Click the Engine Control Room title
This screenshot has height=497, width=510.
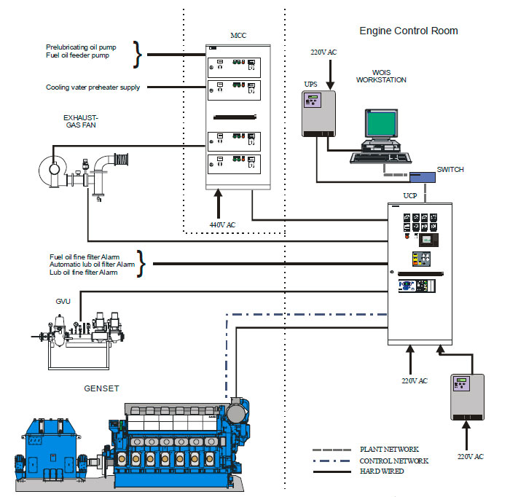pyautogui.click(x=409, y=31)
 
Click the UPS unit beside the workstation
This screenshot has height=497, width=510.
pyautogui.click(x=319, y=113)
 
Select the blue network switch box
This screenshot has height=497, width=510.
pyautogui.click(x=421, y=176)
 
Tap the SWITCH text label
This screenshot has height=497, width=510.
pyautogui.click(x=450, y=169)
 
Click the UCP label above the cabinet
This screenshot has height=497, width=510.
pyautogui.click(x=410, y=196)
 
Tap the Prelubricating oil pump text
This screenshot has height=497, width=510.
pyautogui.click(x=81, y=47)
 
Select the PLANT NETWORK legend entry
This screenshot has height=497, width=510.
pyautogui.click(x=389, y=450)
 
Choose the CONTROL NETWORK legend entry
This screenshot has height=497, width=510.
pyautogui.click(x=394, y=461)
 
